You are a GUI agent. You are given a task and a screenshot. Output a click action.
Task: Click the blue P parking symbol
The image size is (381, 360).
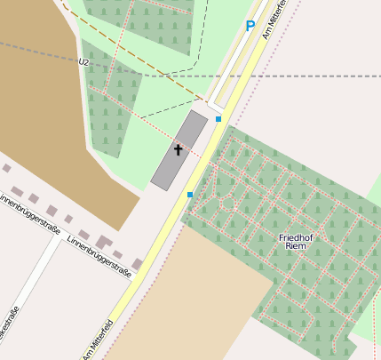coord(250,27)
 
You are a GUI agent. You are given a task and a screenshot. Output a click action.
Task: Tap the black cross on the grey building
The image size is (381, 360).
coord(178,150)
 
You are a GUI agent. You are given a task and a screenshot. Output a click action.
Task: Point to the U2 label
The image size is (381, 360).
coord(83,62)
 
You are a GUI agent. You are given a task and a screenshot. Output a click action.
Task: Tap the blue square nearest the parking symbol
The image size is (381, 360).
coord(218,118)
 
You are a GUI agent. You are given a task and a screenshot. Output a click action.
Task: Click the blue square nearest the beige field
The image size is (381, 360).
coord(189,194)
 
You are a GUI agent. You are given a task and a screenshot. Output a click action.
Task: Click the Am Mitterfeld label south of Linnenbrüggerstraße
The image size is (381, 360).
coord(98,339)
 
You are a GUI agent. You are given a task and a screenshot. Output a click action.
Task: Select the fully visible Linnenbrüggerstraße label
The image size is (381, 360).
coord(99,257)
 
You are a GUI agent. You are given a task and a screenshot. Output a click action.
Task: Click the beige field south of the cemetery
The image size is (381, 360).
coord(187,302)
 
